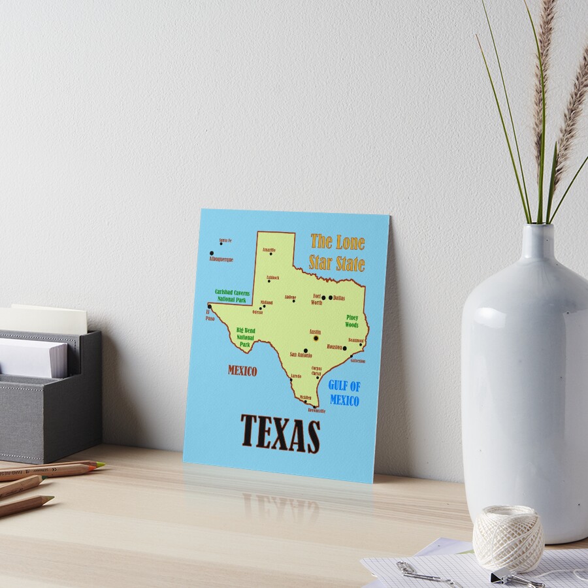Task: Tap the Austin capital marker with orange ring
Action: (316, 338)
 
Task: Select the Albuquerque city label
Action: (221, 259)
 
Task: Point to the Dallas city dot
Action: (331, 298)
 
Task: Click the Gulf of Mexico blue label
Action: (344, 393)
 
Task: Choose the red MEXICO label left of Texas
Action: (242, 370)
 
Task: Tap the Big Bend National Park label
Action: (246, 337)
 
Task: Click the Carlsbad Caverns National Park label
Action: (233, 295)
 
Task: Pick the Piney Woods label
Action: (352, 321)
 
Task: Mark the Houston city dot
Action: (345, 348)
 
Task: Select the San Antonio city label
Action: (301, 355)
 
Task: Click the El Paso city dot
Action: (210, 306)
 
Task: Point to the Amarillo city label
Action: (269, 250)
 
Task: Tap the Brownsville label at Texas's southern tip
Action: (316, 410)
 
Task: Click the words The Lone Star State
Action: (337, 252)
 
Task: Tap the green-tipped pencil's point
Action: (100, 464)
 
